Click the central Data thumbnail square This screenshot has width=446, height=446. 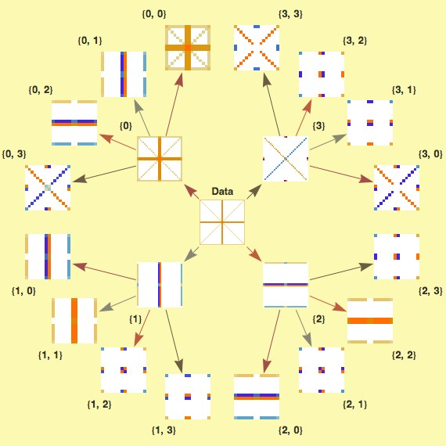tap(222, 222)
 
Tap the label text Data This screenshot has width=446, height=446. tap(222, 191)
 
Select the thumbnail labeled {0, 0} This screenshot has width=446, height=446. tap(188, 48)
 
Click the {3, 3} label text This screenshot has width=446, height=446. tap(290, 14)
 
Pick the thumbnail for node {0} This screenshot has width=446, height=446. tap(160, 159)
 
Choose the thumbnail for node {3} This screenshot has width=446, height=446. tap(286, 159)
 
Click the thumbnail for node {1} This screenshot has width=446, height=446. tap(160, 285)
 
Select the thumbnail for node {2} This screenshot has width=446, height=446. tap(286, 285)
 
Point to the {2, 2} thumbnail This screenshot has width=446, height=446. tap(370, 321)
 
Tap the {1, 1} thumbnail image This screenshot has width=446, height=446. tap(74, 321)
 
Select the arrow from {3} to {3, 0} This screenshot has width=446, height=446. tap(341, 174)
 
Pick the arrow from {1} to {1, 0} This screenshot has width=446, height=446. tap(104, 272)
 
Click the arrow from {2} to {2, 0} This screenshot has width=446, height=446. tap(272, 341)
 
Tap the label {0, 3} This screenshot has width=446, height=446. tap(14, 154)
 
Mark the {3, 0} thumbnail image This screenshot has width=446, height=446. tap(397, 188)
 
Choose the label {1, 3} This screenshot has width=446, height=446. tap(164, 430)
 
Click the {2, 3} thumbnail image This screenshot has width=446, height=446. tap(397, 257)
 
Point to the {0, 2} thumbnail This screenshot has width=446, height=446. tap(74, 123)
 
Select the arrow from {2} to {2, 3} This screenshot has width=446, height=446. tap(341, 272)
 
